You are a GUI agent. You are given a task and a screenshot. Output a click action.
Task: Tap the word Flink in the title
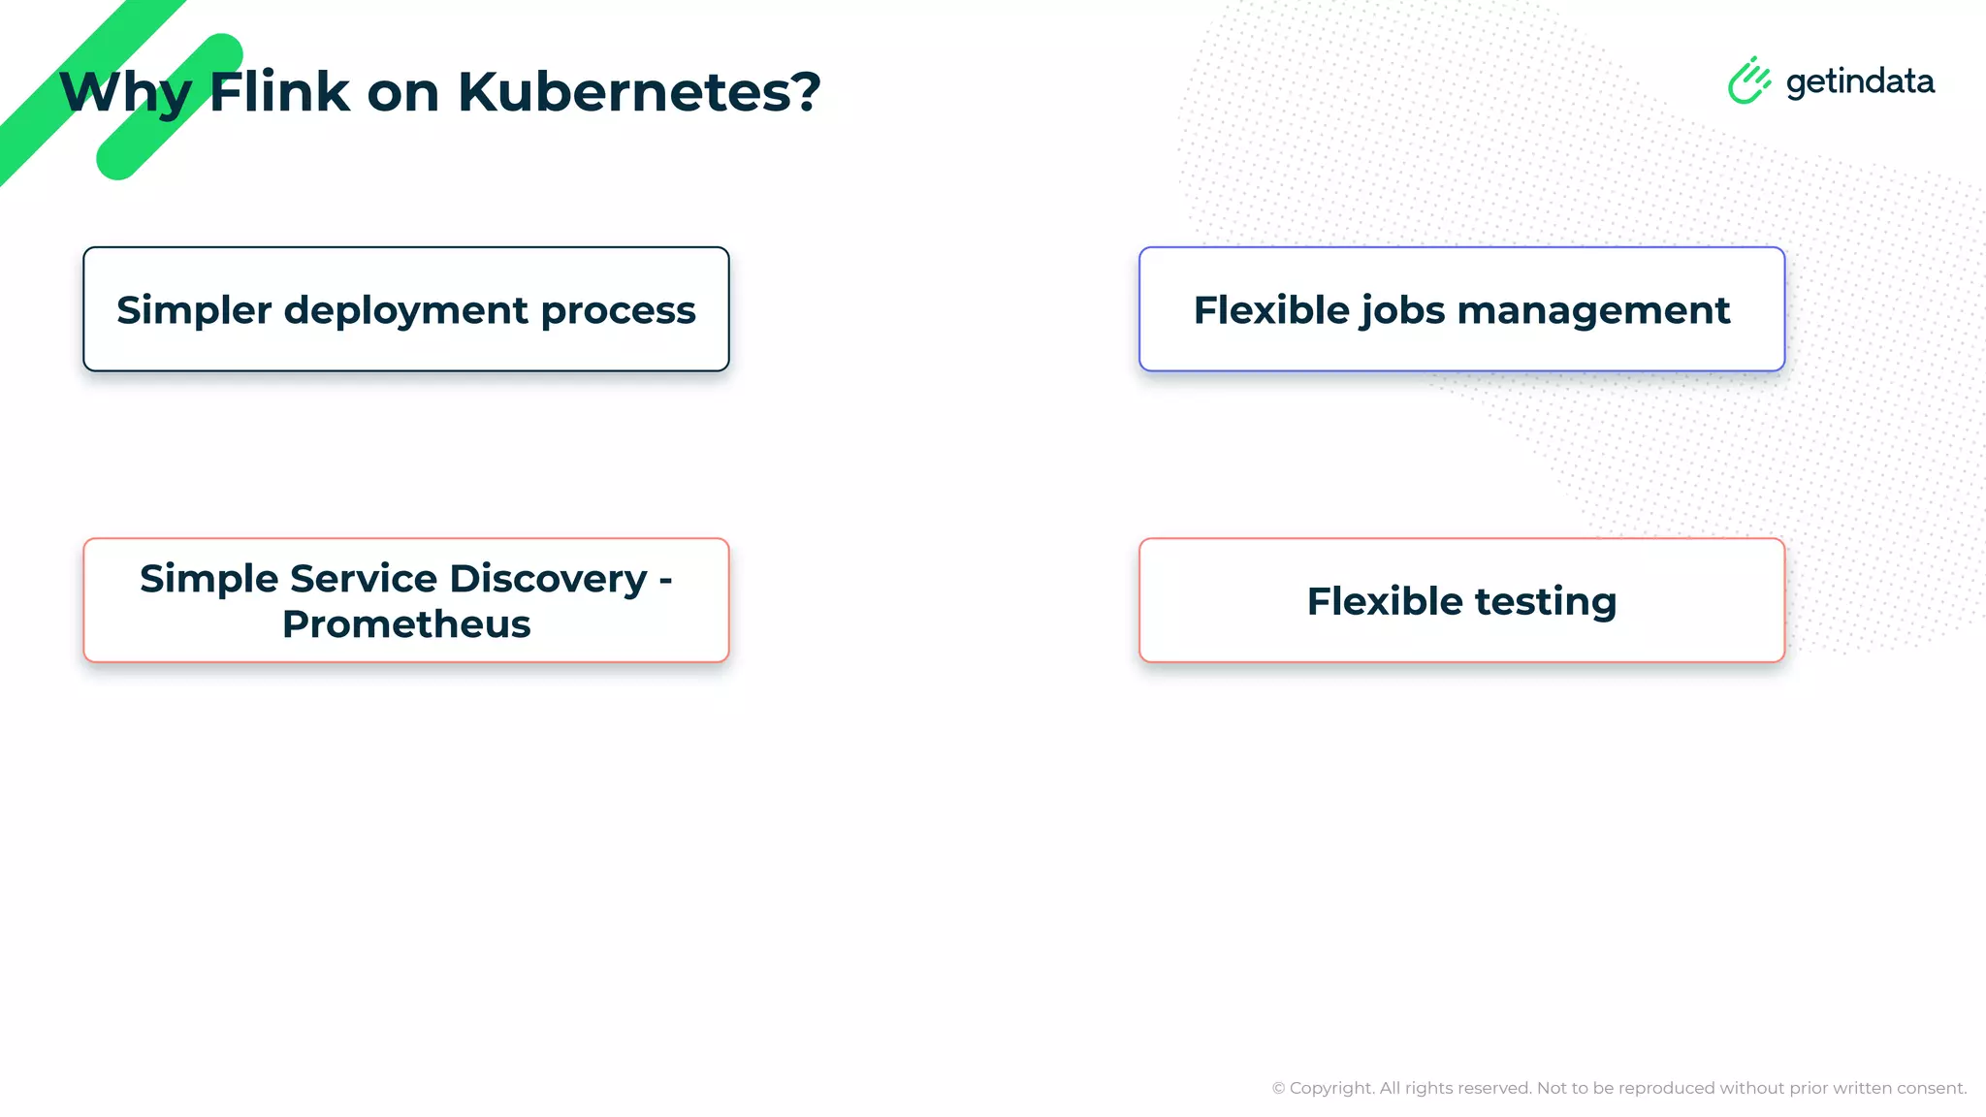(279, 92)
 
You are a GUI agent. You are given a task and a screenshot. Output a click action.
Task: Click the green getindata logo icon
(1749, 80)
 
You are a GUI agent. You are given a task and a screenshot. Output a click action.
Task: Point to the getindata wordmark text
(1860, 82)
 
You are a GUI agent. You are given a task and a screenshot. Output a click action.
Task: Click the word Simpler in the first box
(194, 310)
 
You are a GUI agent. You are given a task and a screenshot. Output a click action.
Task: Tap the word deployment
(405, 311)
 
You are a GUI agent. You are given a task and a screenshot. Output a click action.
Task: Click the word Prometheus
(406, 624)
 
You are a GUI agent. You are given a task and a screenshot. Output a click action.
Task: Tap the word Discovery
(548, 579)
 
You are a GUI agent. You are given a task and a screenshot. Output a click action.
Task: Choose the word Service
(364, 578)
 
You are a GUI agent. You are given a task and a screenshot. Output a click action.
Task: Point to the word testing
(1546, 602)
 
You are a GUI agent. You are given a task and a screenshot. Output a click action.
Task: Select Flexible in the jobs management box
(1271, 310)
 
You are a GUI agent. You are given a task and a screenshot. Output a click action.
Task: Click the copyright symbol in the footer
(1278, 1089)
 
